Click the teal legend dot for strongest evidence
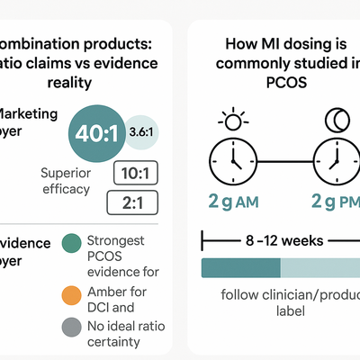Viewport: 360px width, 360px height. pos(72,243)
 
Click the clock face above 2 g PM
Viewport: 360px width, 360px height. pos(334,161)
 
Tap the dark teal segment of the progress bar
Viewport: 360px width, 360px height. pos(240,267)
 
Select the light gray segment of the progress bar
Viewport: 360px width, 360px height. pos(319,267)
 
